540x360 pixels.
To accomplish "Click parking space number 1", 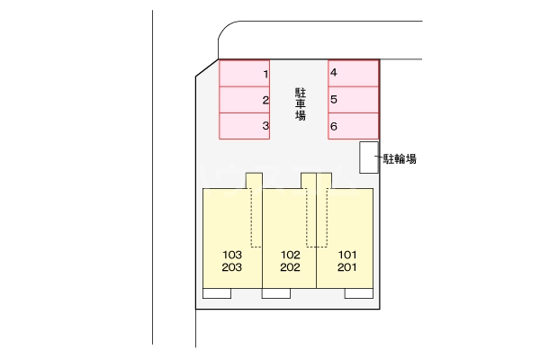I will pyautogui.click(x=245, y=73).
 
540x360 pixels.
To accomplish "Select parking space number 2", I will pyautogui.click(x=245, y=100).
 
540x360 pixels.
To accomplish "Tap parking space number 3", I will pyautogui.click(x=245, y=126).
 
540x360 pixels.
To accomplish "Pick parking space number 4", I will pyautogui.click(x=354, y=73).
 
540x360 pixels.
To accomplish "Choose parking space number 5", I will pyautogui.click(x=354, y=100).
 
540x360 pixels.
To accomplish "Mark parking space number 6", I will pyautogui.click(x=354, y=126).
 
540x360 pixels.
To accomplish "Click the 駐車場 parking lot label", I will pyautogui.click(x=301, y=103).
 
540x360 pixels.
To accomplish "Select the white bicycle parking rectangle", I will pyautogui.click(x=369, y=157).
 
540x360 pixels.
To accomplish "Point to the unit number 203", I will pyautogui.click(x=231, y=267).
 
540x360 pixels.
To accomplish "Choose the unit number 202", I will pyautogui.click(x=290, y=267).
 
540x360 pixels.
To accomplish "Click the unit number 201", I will pyautogui.click(x=348, y=267).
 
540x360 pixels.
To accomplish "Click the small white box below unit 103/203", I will pyautogui.click(x=217, y=292).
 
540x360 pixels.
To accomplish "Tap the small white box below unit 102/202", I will pyautogui.click(x=275, y=292).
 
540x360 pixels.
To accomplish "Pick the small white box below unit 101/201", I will pyautogui.click(x=358, y=292).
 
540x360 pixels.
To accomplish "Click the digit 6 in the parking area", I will pyautogui.click(x=334, y=127).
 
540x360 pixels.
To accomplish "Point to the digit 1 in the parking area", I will pyautogui.click(x=265, y=73).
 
